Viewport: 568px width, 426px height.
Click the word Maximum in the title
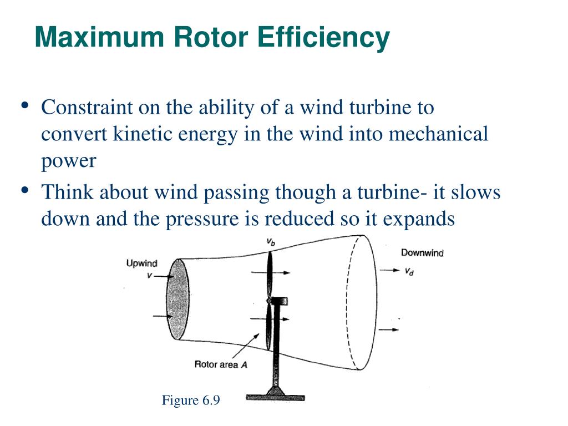pos(99,38)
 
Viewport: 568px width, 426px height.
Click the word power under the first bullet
pos(69,161)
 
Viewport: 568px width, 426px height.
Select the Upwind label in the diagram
pos(142,263)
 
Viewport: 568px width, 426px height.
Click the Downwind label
pos(422,253)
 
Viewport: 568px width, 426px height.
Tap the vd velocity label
pos(409,272)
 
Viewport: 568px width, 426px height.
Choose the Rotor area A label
pos(220,364)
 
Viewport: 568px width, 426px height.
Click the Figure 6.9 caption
pos(191,400)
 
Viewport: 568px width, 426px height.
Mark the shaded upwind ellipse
pos(177,300)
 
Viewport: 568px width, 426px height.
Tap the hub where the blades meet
pos(269,301)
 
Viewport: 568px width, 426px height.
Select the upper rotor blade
pos(270,275)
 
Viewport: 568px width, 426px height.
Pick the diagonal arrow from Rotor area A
pos(244,346)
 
